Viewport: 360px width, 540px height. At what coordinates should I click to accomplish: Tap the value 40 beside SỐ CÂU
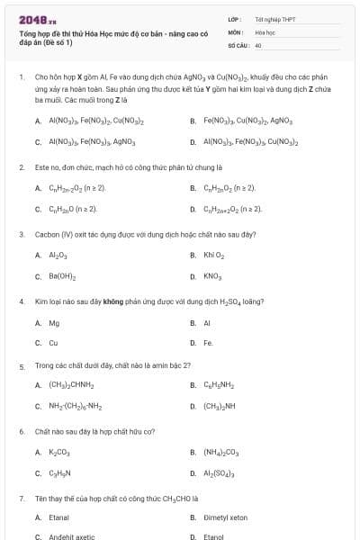click(x=258, y=44)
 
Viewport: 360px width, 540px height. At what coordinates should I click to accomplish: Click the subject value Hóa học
click(x=264, y=31)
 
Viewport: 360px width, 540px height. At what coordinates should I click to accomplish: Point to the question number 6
click(x=22, y=431)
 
